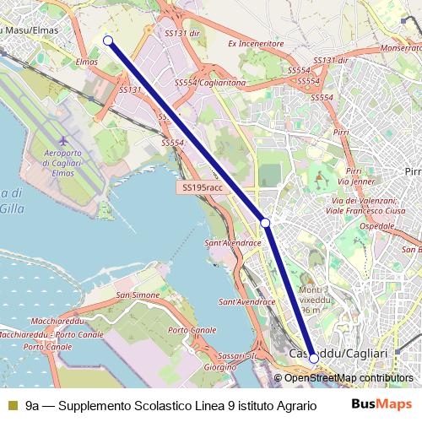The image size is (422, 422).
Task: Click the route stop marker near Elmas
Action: pyautogui.click(x=107, y=40)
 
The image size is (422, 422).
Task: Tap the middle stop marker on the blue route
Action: pyautogui.click(x=265, y=222)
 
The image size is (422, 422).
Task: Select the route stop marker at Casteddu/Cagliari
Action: pyautogui.click(x=314, y=358)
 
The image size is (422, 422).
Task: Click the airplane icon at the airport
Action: pyautogui.click(x=63, y=139)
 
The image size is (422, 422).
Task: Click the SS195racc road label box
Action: pyautogui.click(x=200, y=187)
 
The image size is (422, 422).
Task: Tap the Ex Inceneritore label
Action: pyautogui.click(x=256, y=42)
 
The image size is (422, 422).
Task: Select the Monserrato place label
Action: pyautogui.click(x=389, y=49)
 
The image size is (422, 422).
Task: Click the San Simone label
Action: pyautogui.click(x=138, y=295)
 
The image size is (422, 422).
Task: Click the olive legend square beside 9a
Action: pyautogui.click(x=11, y=405)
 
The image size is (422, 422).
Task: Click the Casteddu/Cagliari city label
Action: pyautogui.click(x=338, y=352)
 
